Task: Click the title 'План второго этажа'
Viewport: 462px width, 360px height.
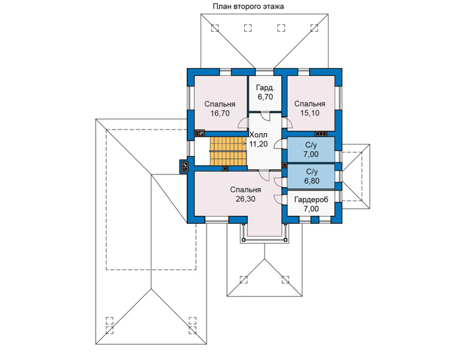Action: point(248,7)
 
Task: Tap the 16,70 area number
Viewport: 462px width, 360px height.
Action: point(220,114)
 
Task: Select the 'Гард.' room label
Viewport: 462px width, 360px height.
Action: point(265,88)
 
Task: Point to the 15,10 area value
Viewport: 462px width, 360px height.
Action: point(310,113)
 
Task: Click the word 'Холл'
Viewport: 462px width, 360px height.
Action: point(259,135)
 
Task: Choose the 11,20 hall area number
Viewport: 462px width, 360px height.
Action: point(259,144)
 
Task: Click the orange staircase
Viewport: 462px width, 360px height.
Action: point(228,151)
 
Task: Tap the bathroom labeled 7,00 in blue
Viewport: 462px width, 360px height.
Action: point(311,149)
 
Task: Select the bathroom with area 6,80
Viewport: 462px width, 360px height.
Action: point(311,176)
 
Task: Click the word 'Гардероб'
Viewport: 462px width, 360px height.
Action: point(311,199)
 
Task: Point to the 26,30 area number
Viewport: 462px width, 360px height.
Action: point(246,199)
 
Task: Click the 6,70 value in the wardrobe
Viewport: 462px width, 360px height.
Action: point(265,97)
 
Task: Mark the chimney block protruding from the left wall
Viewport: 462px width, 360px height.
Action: point(184,167)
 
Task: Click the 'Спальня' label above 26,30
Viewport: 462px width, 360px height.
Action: point(246,190)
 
